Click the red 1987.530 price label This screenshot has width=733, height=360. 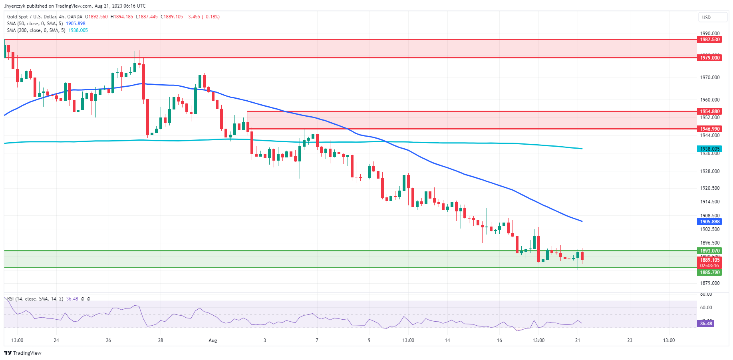(x=709, y=40)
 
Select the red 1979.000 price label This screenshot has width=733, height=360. (x=709, y=58)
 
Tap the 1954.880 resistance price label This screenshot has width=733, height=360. (x=709, y=111)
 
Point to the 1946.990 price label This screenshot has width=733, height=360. (x=709, y=129)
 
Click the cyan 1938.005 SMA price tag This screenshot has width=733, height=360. (x=709, y=149)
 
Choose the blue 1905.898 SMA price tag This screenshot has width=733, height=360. (x=709, y=222)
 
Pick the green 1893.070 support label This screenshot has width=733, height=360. (x=709, y=251)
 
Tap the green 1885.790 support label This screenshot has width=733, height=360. (x=709, y=272)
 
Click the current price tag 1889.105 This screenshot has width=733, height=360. (x=709, y=260)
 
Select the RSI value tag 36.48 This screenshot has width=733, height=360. (x=706, y=324)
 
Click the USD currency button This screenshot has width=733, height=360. (x=706, y=17)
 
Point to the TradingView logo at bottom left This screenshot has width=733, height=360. (x=23, y=353)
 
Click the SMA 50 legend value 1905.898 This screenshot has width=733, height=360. (x=75, y=24)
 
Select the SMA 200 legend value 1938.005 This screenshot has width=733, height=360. (x=78, y=30)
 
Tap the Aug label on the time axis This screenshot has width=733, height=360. (x=213, y=340)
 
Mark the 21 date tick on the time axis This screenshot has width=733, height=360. (x=578, y=340)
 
